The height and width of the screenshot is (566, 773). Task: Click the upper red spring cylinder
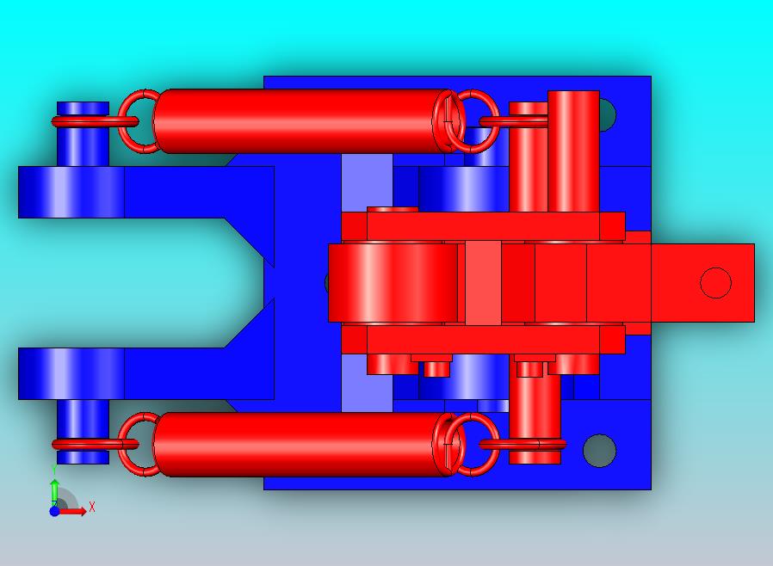coord(300,121)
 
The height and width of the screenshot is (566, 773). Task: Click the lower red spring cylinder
coord(300,445)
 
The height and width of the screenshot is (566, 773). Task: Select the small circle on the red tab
coord(715,283)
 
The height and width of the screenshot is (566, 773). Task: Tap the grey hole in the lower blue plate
coord(599,450)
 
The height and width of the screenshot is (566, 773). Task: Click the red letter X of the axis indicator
coord(92,507)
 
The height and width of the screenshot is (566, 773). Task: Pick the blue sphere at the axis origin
coord(55,511)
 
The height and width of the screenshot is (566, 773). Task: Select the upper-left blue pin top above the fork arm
coord(83,133)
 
